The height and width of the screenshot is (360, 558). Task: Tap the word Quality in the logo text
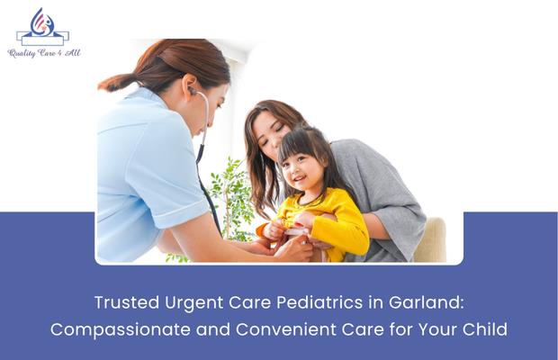click(22, 53)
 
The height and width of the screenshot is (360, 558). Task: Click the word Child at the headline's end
click(486, 329)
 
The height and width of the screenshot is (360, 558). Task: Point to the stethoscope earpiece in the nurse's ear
click(192, 90)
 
